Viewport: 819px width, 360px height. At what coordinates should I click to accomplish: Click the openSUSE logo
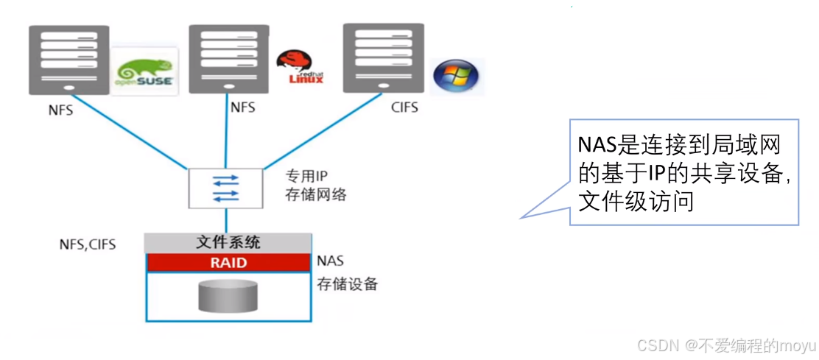click(x=145, y=71)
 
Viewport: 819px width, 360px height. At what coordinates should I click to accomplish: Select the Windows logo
click(x=455, y=77)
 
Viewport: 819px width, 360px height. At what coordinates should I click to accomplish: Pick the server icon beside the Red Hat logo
click(x=228, y=57)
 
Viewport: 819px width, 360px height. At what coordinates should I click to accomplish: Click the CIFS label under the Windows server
click(x=404, y=108)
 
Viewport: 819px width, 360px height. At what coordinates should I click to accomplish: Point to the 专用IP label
click(x=306, y=177)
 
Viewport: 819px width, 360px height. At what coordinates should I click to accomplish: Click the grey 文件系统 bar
click(x=228, y=242)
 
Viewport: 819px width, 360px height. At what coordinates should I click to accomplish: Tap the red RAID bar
click(x=228, y=262)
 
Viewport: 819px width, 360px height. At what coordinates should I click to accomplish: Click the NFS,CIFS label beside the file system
click(x=88, y=244)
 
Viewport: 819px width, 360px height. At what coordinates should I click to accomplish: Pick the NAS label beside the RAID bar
click(x=330, y=261)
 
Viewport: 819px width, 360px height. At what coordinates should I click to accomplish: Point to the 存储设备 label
click(x=347, y=283)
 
